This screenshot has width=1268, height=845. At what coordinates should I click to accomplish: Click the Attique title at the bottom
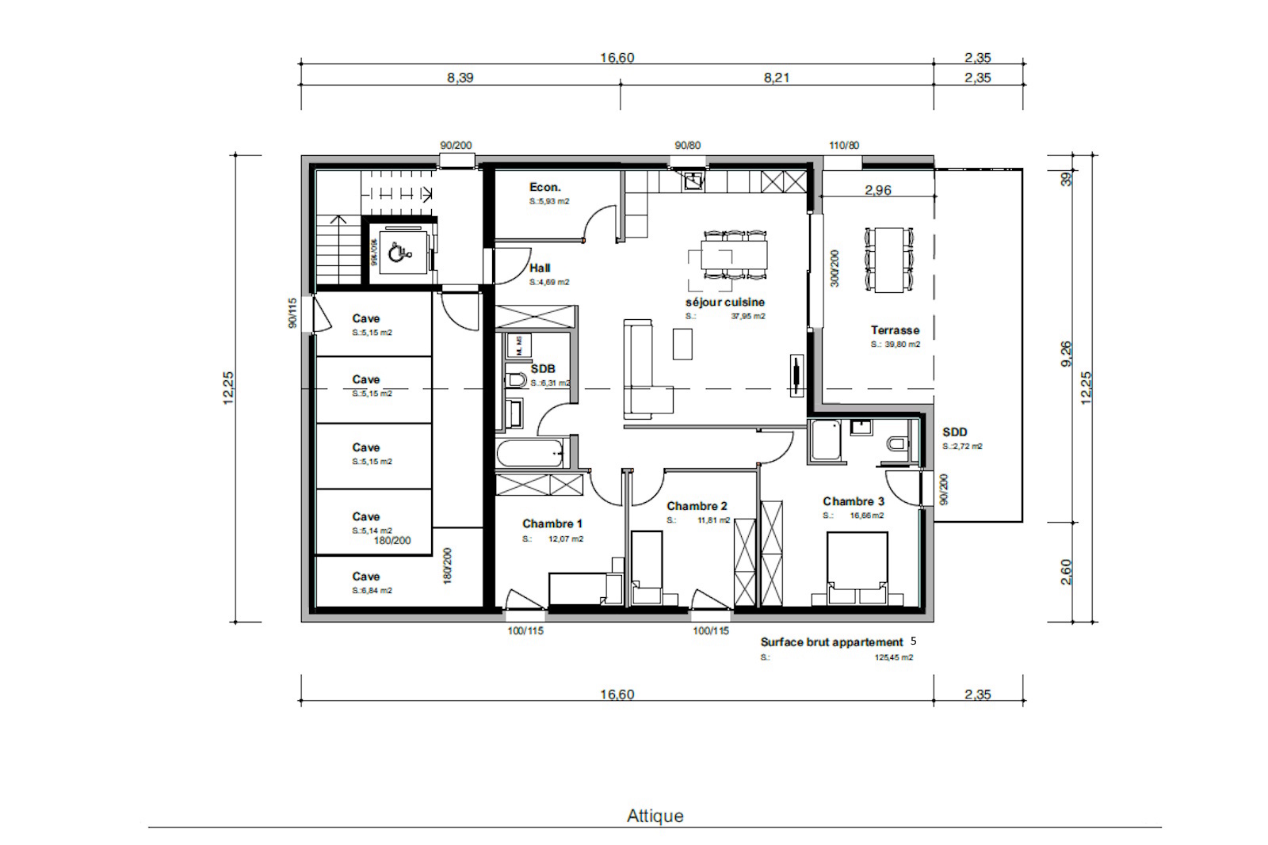tap(655, 816)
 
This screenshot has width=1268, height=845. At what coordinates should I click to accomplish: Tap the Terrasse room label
tap(895, 330)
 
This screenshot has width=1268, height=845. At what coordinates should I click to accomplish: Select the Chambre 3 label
tap(853, 501)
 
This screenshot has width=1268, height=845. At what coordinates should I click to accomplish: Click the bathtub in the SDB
tap(529, 454)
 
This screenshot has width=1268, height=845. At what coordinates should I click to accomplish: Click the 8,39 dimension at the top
tap(460, 78)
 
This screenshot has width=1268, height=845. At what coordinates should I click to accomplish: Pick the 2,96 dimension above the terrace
tap(877, 190)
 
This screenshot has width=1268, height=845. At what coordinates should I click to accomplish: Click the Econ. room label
tap(544, 187)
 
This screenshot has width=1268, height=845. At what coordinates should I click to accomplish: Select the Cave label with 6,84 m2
tap(366, 577)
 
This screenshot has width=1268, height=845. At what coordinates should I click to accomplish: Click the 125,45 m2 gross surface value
tap(893, 657)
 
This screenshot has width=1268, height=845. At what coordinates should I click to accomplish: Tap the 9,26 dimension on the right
tap(1066, 353)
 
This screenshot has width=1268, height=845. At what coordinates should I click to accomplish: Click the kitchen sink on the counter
tap(693, 181)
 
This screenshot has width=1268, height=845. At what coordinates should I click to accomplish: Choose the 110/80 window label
tap(843, 146)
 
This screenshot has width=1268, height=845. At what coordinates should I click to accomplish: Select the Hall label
tap(540, 268)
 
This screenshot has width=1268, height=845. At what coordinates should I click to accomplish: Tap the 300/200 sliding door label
tap(834, 268)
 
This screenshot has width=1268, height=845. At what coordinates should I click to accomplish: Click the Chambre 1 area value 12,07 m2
tap(565, 539)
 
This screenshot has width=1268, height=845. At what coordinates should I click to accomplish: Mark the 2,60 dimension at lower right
tap(1066, 572)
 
